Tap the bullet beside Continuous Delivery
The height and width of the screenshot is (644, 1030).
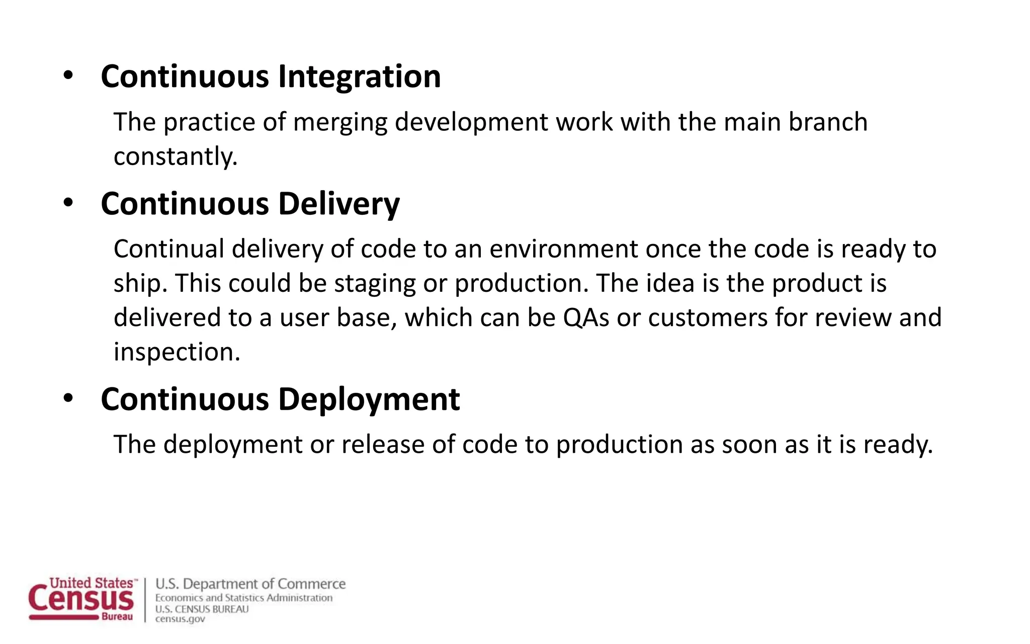coord(68,203)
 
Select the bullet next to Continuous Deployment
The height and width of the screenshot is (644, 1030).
coord(68,398)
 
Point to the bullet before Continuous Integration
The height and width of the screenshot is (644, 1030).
coord(68,76)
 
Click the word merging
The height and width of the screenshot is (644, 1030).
coord(340,123)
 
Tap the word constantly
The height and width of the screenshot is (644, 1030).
coord(175,156)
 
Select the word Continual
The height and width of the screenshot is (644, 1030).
coord(168,249)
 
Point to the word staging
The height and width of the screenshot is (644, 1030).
coord(375,284)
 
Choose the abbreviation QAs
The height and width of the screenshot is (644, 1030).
coord(586,318)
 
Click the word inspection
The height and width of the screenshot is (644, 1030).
coord(177,352)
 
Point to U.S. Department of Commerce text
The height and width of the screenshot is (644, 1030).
coord(250,584)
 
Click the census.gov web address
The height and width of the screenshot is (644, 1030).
coord(180,619)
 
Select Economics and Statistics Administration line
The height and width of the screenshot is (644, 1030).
coord(244,598)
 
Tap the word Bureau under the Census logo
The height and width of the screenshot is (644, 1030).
coord(117,617)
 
